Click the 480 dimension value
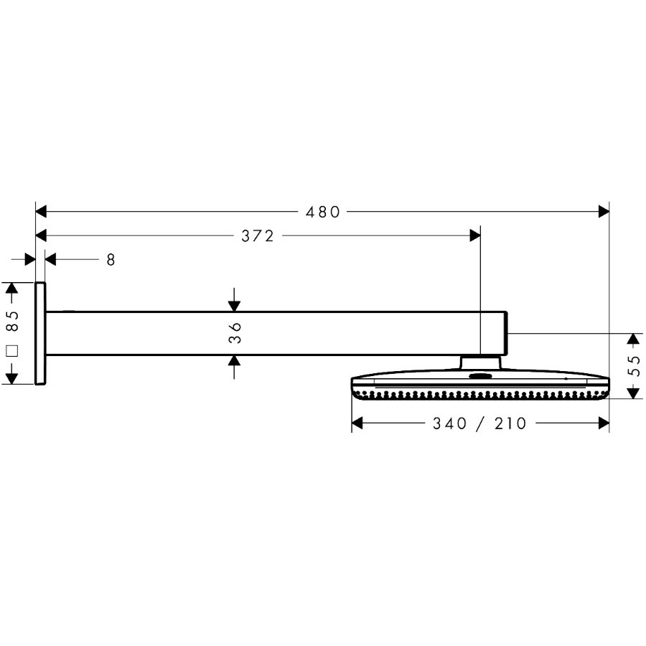[323, 212]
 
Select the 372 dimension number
[258, 236]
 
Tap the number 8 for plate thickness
[111, 260]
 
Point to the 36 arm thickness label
[235, 333]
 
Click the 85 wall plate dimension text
[13, 321]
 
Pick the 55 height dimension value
[635, 365]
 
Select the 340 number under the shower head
[449, 423]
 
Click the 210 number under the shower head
[510, 423]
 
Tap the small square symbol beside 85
[12, 352]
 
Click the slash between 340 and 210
[480, 423]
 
